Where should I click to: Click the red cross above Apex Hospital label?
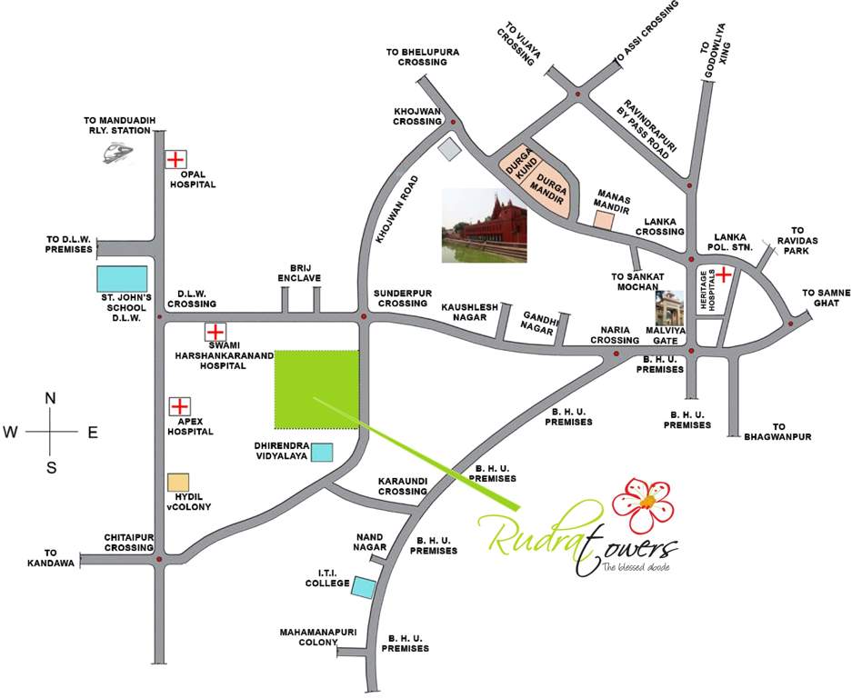click(180, 406)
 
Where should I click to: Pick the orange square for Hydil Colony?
click(178, 483)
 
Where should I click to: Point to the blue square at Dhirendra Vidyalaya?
click(322, 452)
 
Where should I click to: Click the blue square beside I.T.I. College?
click(363, 587)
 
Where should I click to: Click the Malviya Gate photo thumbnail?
click(670, 309)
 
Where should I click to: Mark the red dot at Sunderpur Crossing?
click(363, 317)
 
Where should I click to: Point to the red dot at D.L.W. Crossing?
click(160, 317)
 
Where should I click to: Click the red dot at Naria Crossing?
click(616, 353)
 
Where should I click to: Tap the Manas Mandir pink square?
click(604, 218)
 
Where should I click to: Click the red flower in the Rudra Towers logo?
click(646, 503)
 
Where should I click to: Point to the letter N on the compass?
click(51, 398)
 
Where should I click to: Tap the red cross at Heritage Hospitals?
click(724, 273)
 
